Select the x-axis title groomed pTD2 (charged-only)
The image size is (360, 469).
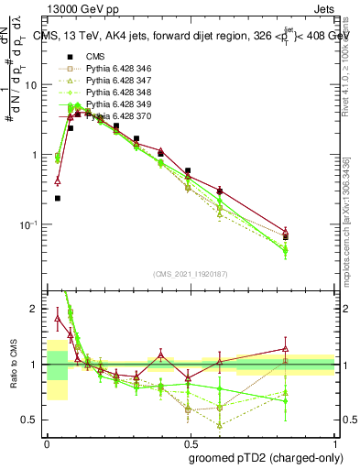(x=265, y=458)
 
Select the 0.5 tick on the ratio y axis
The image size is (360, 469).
(x=31, y=420)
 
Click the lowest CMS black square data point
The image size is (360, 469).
(x=58, y=198)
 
